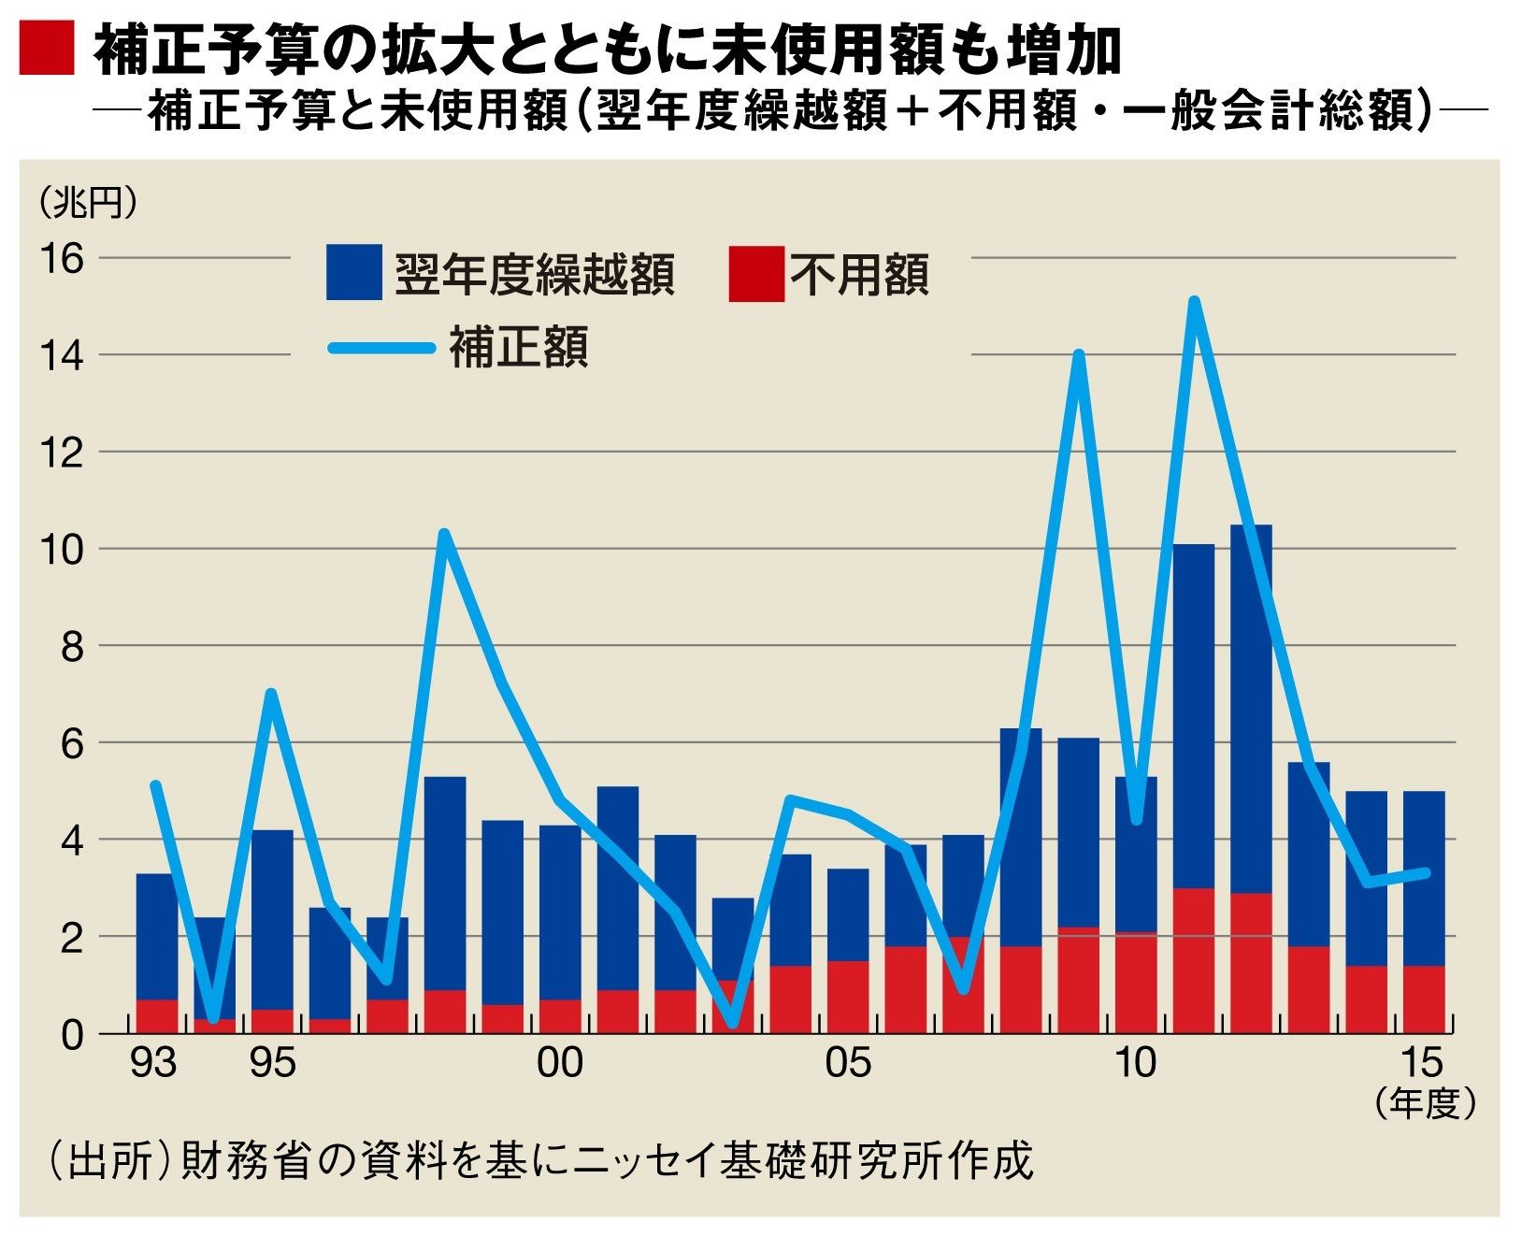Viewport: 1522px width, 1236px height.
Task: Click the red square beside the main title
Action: [46, 50]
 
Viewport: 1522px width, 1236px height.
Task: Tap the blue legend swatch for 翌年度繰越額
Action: [353, 272]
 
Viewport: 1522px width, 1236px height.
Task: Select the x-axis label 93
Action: [154, 1063]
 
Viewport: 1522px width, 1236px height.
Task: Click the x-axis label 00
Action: [559, 1063]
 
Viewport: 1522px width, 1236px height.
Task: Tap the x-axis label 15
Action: [1422, 1063]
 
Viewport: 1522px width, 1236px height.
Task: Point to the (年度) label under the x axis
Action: [1425, 1105]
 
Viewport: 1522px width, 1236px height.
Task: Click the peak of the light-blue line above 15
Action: [1194, 301]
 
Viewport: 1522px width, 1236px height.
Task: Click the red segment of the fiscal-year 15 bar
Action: [1424, 999]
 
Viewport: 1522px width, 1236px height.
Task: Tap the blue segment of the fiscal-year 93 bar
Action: [156, 935]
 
